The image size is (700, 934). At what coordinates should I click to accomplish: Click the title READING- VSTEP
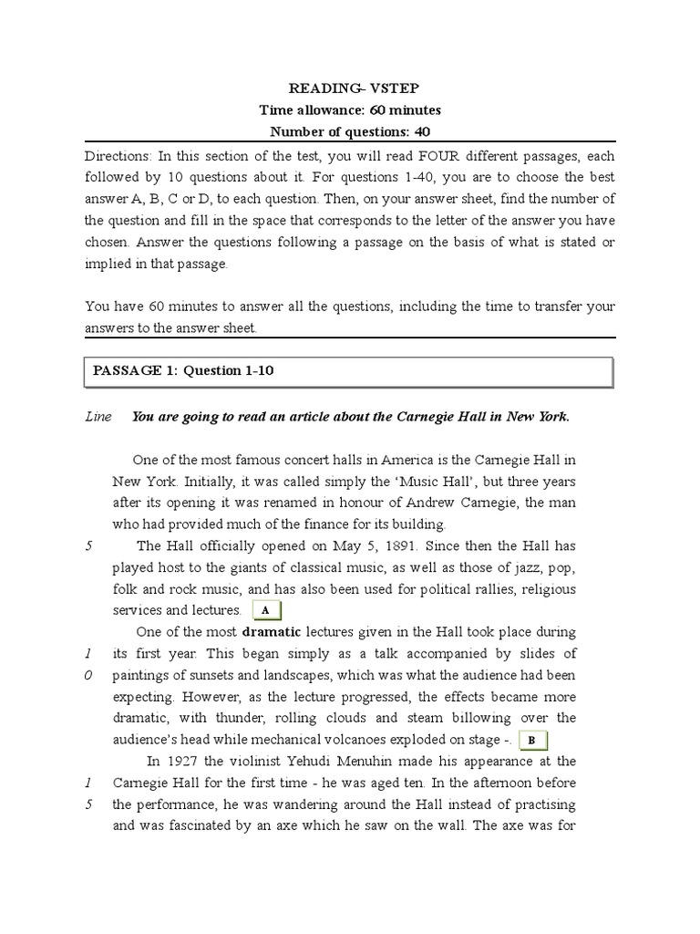pyautogui.click(x=350, y=89)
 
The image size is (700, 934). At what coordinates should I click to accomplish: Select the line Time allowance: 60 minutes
pyautogui.click(x=350, y=110)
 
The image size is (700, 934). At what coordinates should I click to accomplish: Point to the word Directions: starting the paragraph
pyautogui.click(x=117, y=156)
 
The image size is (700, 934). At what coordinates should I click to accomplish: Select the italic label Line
pyautogui.click(x=98, y=417)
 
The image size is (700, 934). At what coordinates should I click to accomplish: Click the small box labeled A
pyautogui.click(x=265, y=610)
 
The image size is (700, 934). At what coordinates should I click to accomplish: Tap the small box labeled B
pyautogui.click(x=531, y=741)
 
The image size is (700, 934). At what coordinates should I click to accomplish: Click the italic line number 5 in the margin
pyautogui.click(x=88, y=545)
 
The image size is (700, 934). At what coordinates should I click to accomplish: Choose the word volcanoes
pyautogui.click(x=406, y=740)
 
